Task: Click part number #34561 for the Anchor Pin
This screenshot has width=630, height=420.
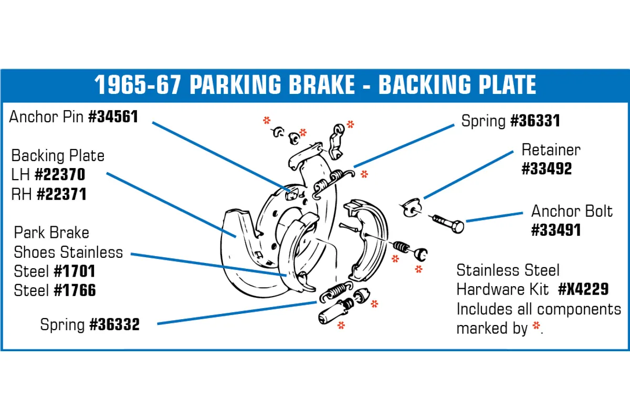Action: [113, 117]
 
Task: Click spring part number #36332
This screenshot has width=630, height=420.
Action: [114, 325]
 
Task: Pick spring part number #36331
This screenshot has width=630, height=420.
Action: [535, 121]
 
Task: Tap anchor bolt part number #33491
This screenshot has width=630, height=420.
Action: [556, 230]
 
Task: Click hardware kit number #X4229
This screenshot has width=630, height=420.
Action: [583, 289]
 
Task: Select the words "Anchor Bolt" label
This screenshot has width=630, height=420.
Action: [572, 211]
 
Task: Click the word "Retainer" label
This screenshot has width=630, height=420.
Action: [551, 150]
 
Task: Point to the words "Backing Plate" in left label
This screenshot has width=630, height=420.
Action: [58, 156]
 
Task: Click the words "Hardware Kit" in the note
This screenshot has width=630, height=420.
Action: [502, 289]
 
